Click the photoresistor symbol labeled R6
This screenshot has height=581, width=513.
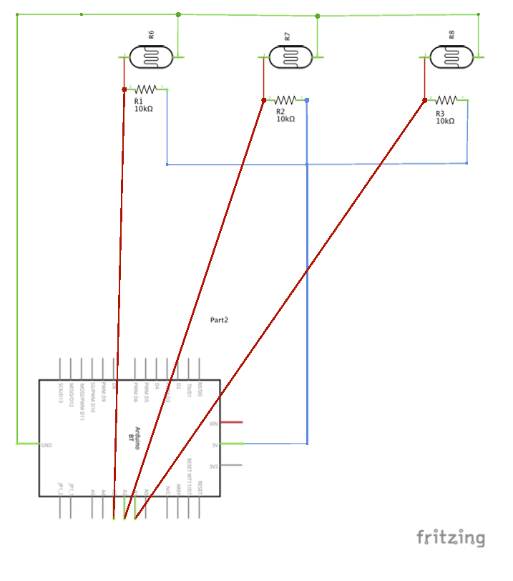tap(150, 57)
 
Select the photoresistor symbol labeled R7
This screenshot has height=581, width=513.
tap(290, 57)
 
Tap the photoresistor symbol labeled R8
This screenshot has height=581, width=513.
tap(451, 57)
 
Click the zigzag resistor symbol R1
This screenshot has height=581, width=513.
tap(146, 89)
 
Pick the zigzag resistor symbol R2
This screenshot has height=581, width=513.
tap(285, 100)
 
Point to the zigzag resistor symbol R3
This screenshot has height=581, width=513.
tap(446, 100)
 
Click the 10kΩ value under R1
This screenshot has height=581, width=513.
tap(143, 109)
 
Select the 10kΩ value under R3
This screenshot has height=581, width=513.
tap(445, 121)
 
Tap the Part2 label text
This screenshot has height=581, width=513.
tap(220, 320)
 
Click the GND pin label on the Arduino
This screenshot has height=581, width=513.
tap(47, 445)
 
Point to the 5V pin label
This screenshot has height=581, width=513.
tap(214, 445)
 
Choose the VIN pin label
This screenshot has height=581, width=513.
tap(212, 424)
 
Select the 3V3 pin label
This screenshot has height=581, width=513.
tap(212, 467)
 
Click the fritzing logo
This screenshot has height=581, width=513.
tap(451, 537)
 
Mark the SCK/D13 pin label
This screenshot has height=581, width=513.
tap(61, 393)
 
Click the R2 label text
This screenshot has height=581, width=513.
tap(280, 112)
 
